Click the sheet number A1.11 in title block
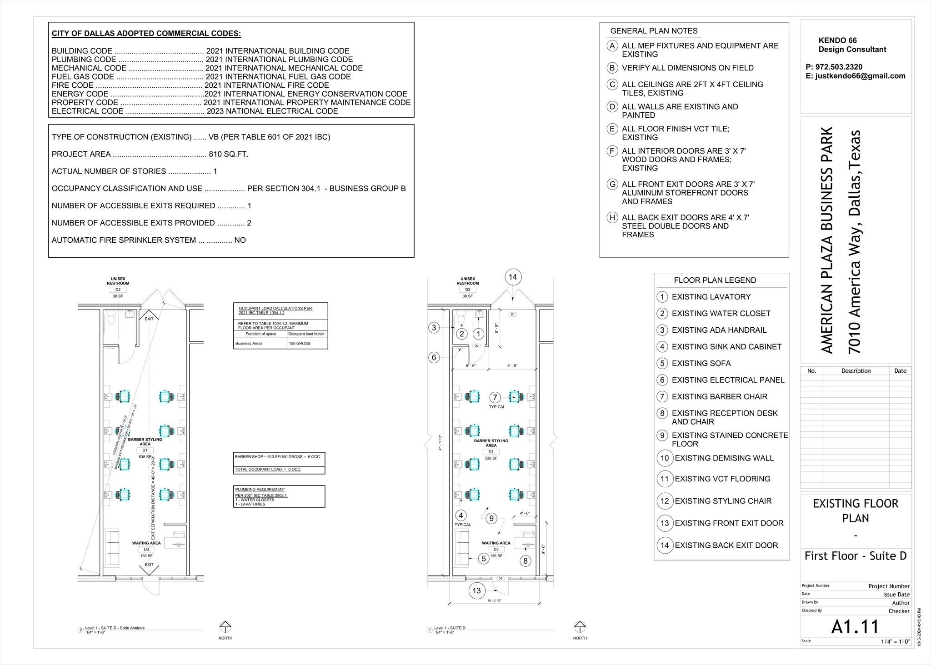(855, 627)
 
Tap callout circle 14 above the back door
(513, 277)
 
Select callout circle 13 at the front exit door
(476, 590)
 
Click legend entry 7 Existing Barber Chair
(719, 396)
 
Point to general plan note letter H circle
(612, 217)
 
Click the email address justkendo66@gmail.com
(860, 76)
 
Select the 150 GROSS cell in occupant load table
(307, 343)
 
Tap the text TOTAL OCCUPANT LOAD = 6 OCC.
(268, 469)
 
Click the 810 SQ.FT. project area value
(228, 154)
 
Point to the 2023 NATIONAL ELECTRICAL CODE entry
(272, 111)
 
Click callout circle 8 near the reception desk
(525, 561)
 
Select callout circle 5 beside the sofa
(484, 559)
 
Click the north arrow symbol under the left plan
(225, 626)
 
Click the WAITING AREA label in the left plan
(146, 543)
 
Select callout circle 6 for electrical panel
(434, 357)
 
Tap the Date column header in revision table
(900, 371)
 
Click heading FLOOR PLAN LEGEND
(715, 280)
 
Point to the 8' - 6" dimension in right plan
(512, 365)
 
